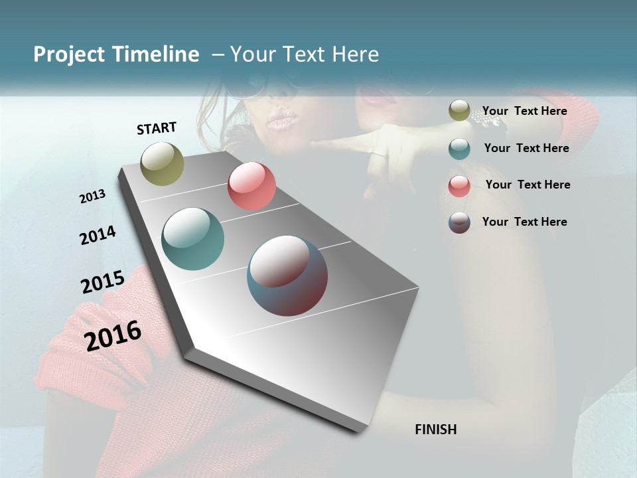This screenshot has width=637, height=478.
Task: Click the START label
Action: click(x=157, y=128)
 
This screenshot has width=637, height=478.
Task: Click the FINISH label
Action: click(x=436, y=430)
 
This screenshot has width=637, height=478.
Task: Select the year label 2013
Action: click(x=92, y=197)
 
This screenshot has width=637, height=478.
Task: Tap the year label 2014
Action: click(x=98, y=235)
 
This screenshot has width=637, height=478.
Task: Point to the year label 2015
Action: click(x=103, y=282)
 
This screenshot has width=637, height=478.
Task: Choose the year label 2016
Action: click(x=113, y=335)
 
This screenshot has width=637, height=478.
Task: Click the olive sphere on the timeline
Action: click(x=163, y=163)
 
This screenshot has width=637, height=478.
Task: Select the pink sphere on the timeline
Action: click(x=251, y=186)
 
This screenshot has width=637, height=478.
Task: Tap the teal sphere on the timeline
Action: click(x=192, y=239)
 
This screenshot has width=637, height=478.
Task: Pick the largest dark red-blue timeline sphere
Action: click(x=287, y=276)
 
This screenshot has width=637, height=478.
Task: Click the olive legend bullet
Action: click(x=459, y=111)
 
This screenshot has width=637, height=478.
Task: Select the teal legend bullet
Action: click(x=459, y=149)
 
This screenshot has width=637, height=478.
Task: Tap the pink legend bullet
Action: click(x=459, y=186)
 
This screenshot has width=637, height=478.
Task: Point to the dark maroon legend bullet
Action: click(x=459, y=222)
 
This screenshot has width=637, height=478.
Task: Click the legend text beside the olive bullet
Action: click(x=524, y=111)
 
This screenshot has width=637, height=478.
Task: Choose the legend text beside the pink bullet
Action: click(x=528, y=185)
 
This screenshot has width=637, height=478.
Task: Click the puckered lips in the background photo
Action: click(x=281, y=119)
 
